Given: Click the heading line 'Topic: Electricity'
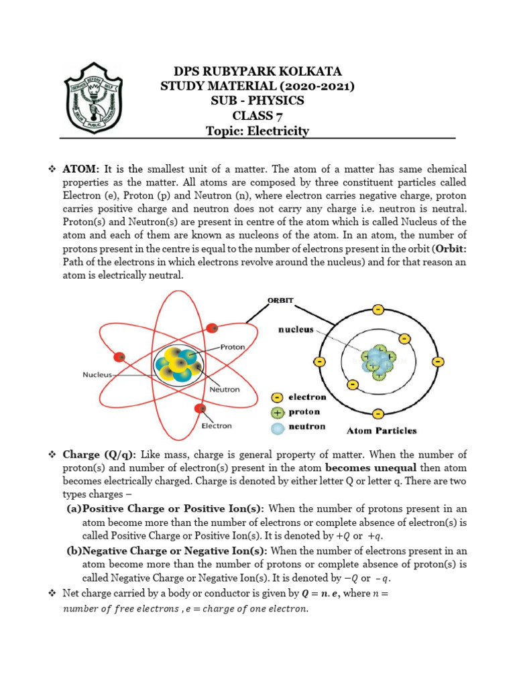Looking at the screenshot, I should click(257, 131).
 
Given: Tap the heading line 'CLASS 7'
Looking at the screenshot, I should click(257, 116).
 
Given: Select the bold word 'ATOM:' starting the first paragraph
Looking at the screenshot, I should click(81, 169).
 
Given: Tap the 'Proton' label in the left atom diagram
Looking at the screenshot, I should click(233, 347).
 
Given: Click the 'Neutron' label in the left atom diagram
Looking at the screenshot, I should click(225, 389).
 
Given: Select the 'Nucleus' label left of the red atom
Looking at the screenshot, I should click(99, 374).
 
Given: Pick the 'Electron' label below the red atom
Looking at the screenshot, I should click(217, 425).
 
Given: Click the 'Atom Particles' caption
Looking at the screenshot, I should click(381, 431).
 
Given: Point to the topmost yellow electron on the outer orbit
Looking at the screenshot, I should click(378, 310).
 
